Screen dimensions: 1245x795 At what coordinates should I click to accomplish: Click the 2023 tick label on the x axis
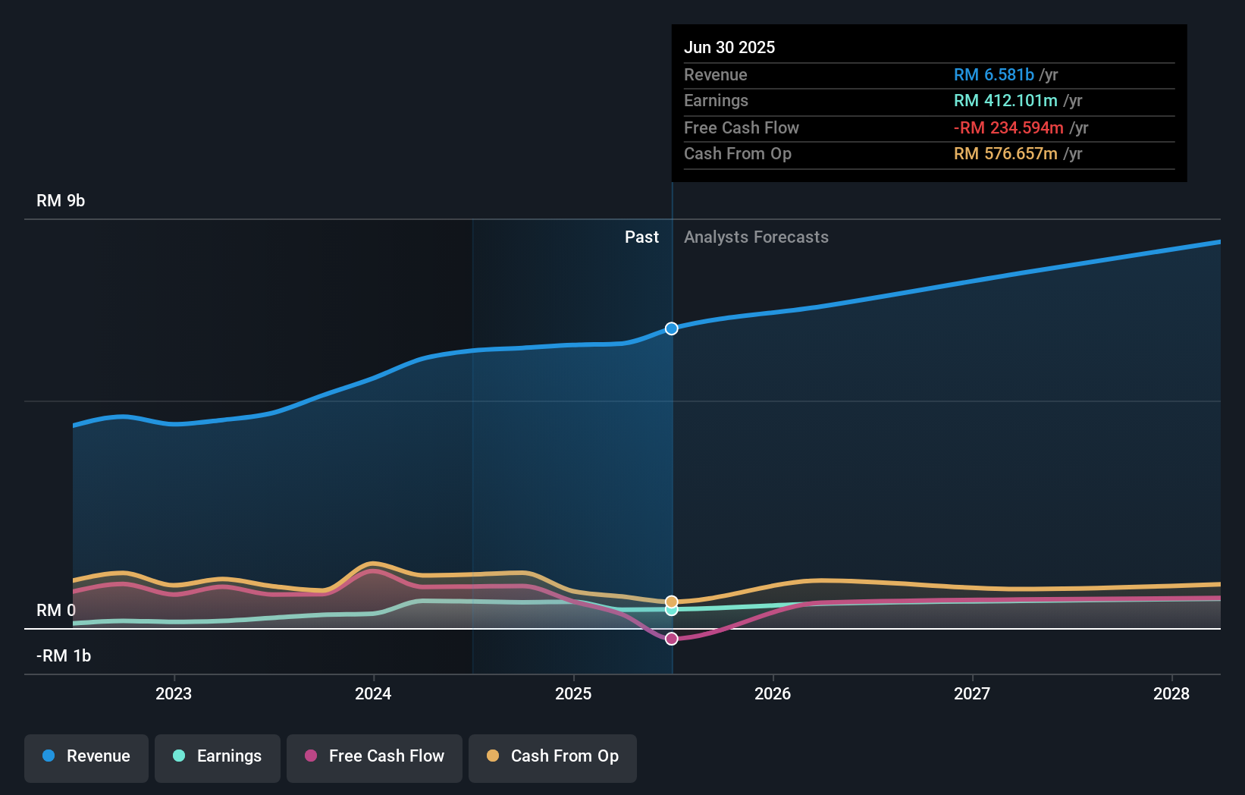(174, 694)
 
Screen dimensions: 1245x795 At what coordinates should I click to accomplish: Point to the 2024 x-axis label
(373, 694)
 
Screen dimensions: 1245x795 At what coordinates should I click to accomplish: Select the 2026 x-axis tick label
(773, 694)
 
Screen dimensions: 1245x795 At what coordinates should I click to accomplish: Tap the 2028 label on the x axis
(1171, 694)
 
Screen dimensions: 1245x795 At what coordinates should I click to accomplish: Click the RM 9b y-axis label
(61, 201)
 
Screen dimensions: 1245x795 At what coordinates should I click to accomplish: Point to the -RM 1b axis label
(64, 656)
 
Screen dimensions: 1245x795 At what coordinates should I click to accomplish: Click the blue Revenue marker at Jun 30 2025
(672, 328)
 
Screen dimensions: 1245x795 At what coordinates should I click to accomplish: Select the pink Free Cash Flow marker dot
(672, 638)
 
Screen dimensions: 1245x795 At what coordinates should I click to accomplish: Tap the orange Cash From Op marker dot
(672, 602)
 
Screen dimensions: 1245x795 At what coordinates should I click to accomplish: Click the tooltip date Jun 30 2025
(729, 47)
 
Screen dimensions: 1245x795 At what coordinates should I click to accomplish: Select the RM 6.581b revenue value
(994, 74)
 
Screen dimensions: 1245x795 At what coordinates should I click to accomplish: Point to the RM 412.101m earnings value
(1005, 101)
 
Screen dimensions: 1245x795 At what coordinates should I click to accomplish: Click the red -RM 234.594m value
(1008, 128)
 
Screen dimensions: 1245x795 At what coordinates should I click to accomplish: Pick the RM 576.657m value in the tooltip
(1005, 153)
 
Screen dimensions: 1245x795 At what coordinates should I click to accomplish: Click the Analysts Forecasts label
(756, 237)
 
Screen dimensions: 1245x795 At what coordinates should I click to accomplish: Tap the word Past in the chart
(641, 237)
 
